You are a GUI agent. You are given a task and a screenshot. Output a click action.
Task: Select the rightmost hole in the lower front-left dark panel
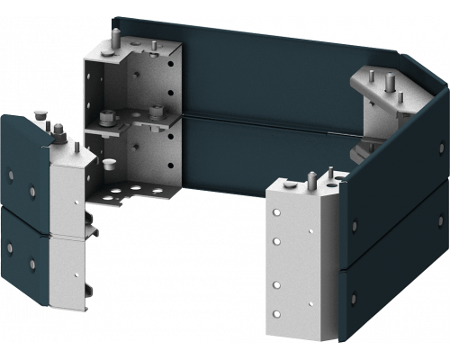[32, 264]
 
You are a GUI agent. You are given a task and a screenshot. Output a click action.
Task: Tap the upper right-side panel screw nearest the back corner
[439, 145]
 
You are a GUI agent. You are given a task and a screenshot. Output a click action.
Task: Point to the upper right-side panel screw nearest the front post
[354, 224]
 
